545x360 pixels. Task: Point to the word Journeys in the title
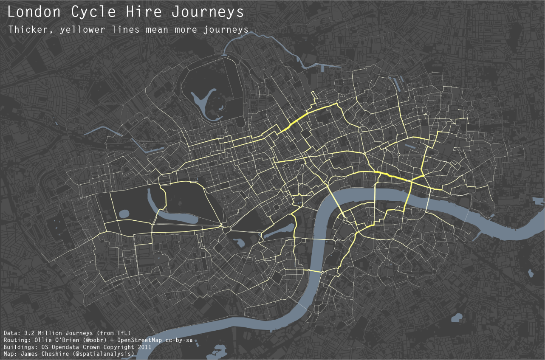[208, 12]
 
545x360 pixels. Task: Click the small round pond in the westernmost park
[124, 214]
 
